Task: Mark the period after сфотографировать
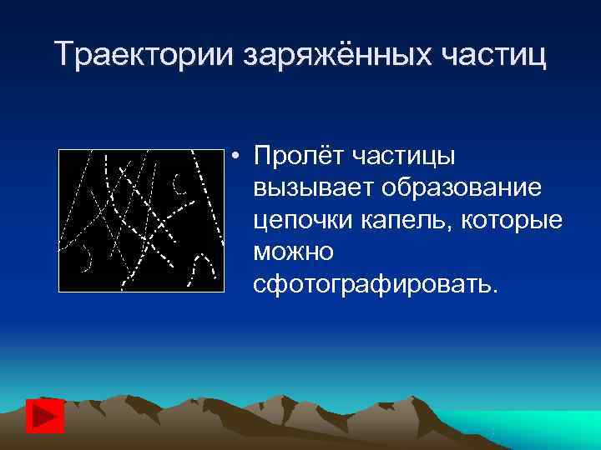497,292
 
